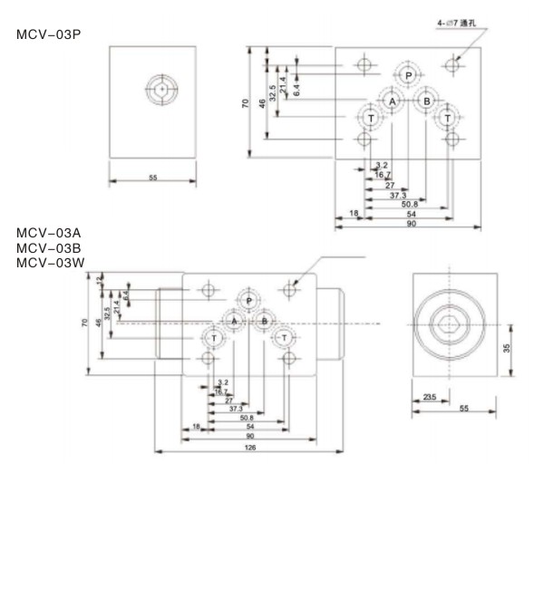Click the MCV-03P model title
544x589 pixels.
47,34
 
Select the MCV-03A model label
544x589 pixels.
47,234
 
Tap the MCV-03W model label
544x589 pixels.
48,263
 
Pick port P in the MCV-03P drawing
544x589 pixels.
409,75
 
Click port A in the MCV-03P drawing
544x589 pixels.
393,101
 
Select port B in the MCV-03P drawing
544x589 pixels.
426,101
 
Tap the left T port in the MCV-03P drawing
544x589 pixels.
370,119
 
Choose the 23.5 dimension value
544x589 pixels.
430,396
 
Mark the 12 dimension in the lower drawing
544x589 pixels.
100,280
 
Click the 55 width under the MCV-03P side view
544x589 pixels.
152,178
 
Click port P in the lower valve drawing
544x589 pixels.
249,300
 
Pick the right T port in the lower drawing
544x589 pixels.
285,338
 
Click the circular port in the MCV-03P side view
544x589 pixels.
161,89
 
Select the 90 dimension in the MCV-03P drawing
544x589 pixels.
411,223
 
